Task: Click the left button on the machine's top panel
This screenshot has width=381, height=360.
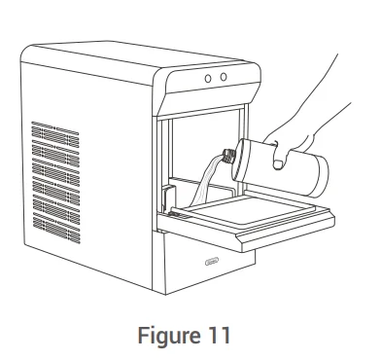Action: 209,76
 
